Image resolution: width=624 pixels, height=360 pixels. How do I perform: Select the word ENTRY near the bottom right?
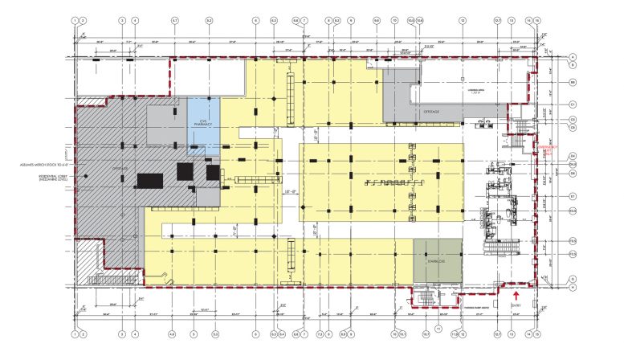tap(515, 304)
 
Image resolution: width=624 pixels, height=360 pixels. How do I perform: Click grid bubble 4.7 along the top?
tap(175, 19)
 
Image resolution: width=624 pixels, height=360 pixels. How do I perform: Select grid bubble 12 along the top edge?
tap(463, 19)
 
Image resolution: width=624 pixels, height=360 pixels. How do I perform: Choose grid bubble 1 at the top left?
tap(74, 19)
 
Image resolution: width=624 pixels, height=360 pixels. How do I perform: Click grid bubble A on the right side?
tap(573, 56)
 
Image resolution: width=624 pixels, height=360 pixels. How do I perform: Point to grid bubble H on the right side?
tap(573, 287)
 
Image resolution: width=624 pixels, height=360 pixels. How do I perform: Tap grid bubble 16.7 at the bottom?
tap(426, 334)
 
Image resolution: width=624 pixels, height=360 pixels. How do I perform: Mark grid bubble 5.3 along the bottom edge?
tap(215, 334)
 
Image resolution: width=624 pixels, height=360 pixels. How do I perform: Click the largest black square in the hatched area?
tap(149, 179)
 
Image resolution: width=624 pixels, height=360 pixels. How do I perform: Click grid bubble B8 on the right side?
tap(573, 83)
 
